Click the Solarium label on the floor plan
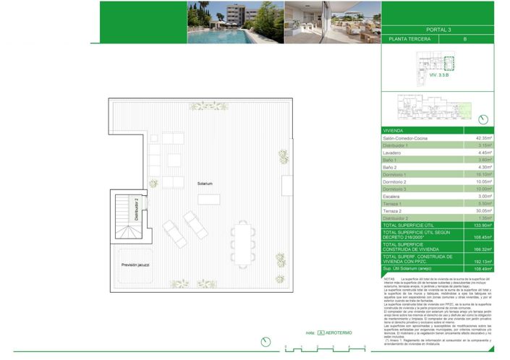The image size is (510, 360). pyautogui.click(x=205, y=184)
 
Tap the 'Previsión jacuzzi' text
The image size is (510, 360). pyautogui.click(x=135, y=265)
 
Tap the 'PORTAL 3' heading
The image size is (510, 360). pyautogui.click(x=438, y=30)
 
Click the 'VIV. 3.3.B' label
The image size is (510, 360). pyautogui.click(x=438, y=74)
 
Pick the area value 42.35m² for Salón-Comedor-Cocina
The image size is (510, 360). pyautogui.click(x=483, y=138)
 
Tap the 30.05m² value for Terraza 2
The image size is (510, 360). pyautogui.click(x=483, y=210)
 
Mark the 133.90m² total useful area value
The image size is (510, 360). pyautogui.click(x=483, y=226)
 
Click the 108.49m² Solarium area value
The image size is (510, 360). pyautogui.click(x=483, y=269)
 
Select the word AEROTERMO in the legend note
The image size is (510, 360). pyautogui.click(x=339, y=333)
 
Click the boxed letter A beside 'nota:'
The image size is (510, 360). pyautogui.click(x=320, y=333)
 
